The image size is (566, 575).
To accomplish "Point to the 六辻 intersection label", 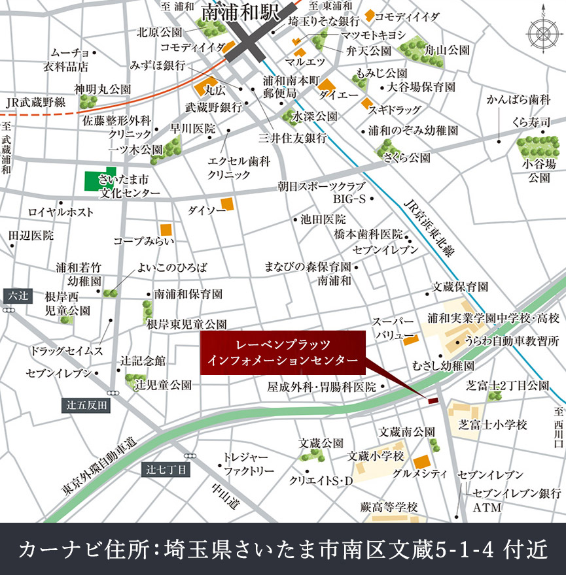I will [x=15, y=295].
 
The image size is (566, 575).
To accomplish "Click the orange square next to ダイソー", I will [x=227, y=205].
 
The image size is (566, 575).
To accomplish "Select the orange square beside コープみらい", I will [x=166, y=229].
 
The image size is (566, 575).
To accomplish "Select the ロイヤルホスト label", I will [x=61, y=212].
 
